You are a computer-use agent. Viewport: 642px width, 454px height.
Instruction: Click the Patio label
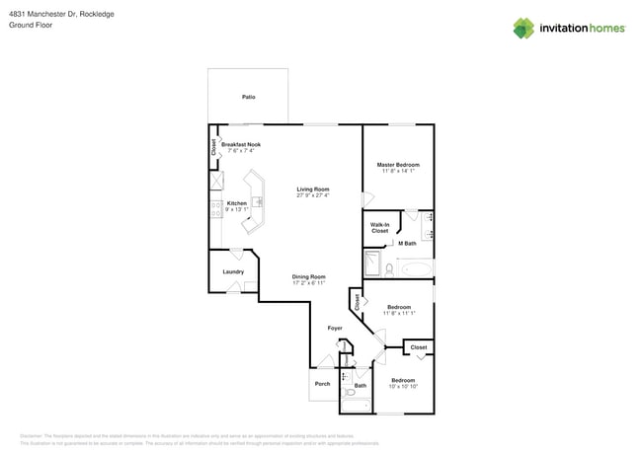click(x=248, y=97)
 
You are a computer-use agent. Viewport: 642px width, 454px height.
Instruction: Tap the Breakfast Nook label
click(x=241, y=144)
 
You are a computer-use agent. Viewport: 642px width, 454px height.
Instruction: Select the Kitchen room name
click(x=236, y=203)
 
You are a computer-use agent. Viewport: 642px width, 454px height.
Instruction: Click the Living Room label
click(x=313, y=189)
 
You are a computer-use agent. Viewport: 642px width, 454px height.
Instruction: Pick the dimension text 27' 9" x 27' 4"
click(x=313, y=195)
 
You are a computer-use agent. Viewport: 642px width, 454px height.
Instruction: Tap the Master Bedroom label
click(x=398, y=164)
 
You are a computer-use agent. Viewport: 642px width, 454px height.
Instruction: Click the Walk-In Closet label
click(x=379, y=228)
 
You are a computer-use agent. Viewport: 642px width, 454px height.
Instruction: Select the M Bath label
click(x=407, y=243)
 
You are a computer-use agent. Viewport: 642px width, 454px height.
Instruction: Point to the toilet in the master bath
click(x=390, y=267)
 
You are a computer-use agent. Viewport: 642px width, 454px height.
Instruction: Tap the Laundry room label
click(x=233, y=271)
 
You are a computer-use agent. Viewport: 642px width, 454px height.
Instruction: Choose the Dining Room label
click(x=309, y=276)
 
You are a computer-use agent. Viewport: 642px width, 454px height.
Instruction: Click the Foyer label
click(x=336, y=328)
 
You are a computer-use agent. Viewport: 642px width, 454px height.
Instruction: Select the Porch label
click(x=322, y=384)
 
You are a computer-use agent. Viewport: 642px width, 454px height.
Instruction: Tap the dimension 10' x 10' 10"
click(x=403, y=387)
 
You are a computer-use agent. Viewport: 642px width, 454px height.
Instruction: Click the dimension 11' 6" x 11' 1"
click(x=398, y=314)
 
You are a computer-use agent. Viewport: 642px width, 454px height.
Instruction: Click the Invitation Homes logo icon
click(x=523, y=28)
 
